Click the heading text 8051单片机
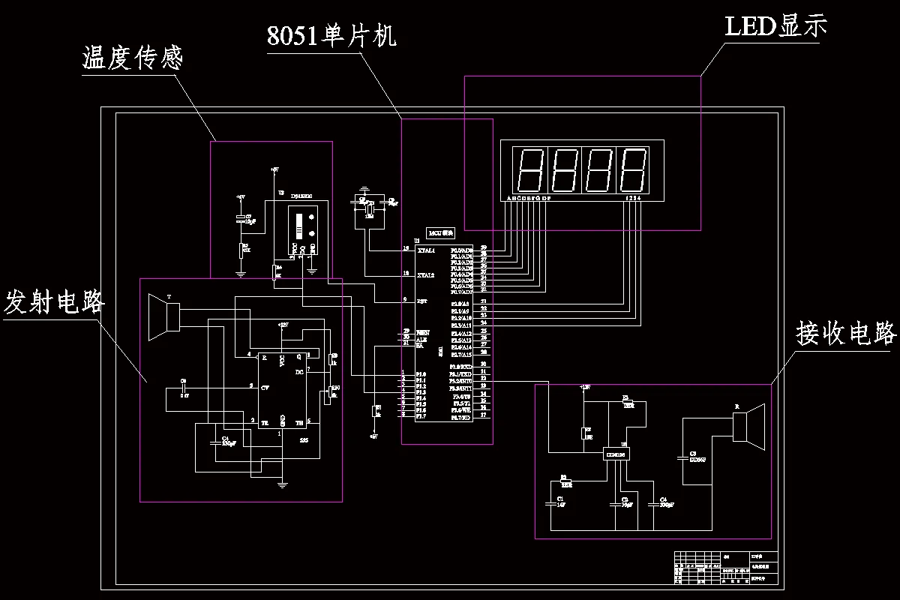click(x=331, y=35)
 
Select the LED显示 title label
click(x=775, y=26)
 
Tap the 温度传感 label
click(x=132, y=58)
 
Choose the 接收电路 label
click(x=847, y=334)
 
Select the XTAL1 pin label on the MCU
click(x=426, y=250)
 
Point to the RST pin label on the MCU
click(x=422, y=300)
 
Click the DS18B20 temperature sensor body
click(x=303, y=228)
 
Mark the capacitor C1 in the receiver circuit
click(x=559, y=503)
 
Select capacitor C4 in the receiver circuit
click(x=663, y=503)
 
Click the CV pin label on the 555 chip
click(x=265, y=388)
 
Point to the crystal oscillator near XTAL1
click(x=369, y=208)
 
